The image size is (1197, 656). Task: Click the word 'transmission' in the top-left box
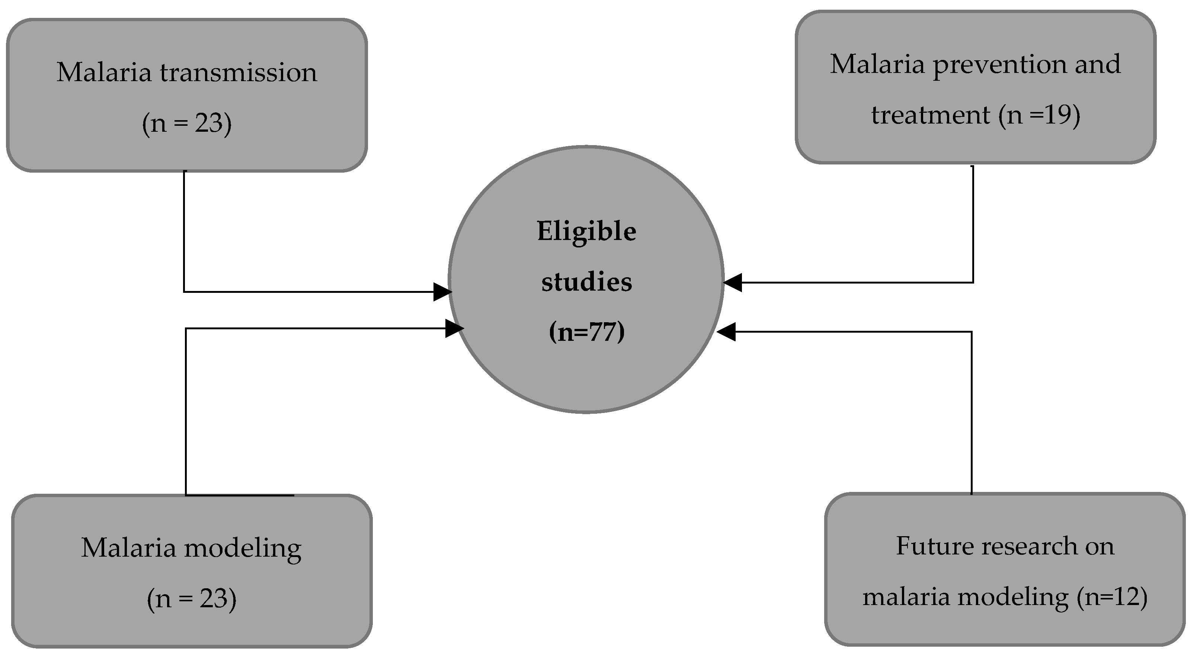pyautogui.click(x=239, y=73)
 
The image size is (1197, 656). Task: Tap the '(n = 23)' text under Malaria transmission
pyautogui.click(x=187, y=124)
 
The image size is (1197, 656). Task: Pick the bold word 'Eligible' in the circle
pyautogui.click(x=586, y=231)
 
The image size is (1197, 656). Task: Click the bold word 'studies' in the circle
pyautogui.click(x=586, y=282)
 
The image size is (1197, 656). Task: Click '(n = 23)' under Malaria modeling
pyautogui.click(x=192, y=598)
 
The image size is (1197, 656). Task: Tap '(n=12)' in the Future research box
pyautogui.click(x=1112, y=596)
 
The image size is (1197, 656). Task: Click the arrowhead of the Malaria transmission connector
pyautogui.click(x=442, y=292)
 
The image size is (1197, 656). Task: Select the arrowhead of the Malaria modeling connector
pyautogui.click(x=454, y=329)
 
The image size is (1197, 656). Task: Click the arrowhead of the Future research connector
pyautogui.click(x=727, y=332)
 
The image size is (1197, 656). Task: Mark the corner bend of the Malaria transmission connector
pyautogui.click(x=185, y=292)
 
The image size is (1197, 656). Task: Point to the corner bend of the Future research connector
pyautogui.click(x=971, y=332)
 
